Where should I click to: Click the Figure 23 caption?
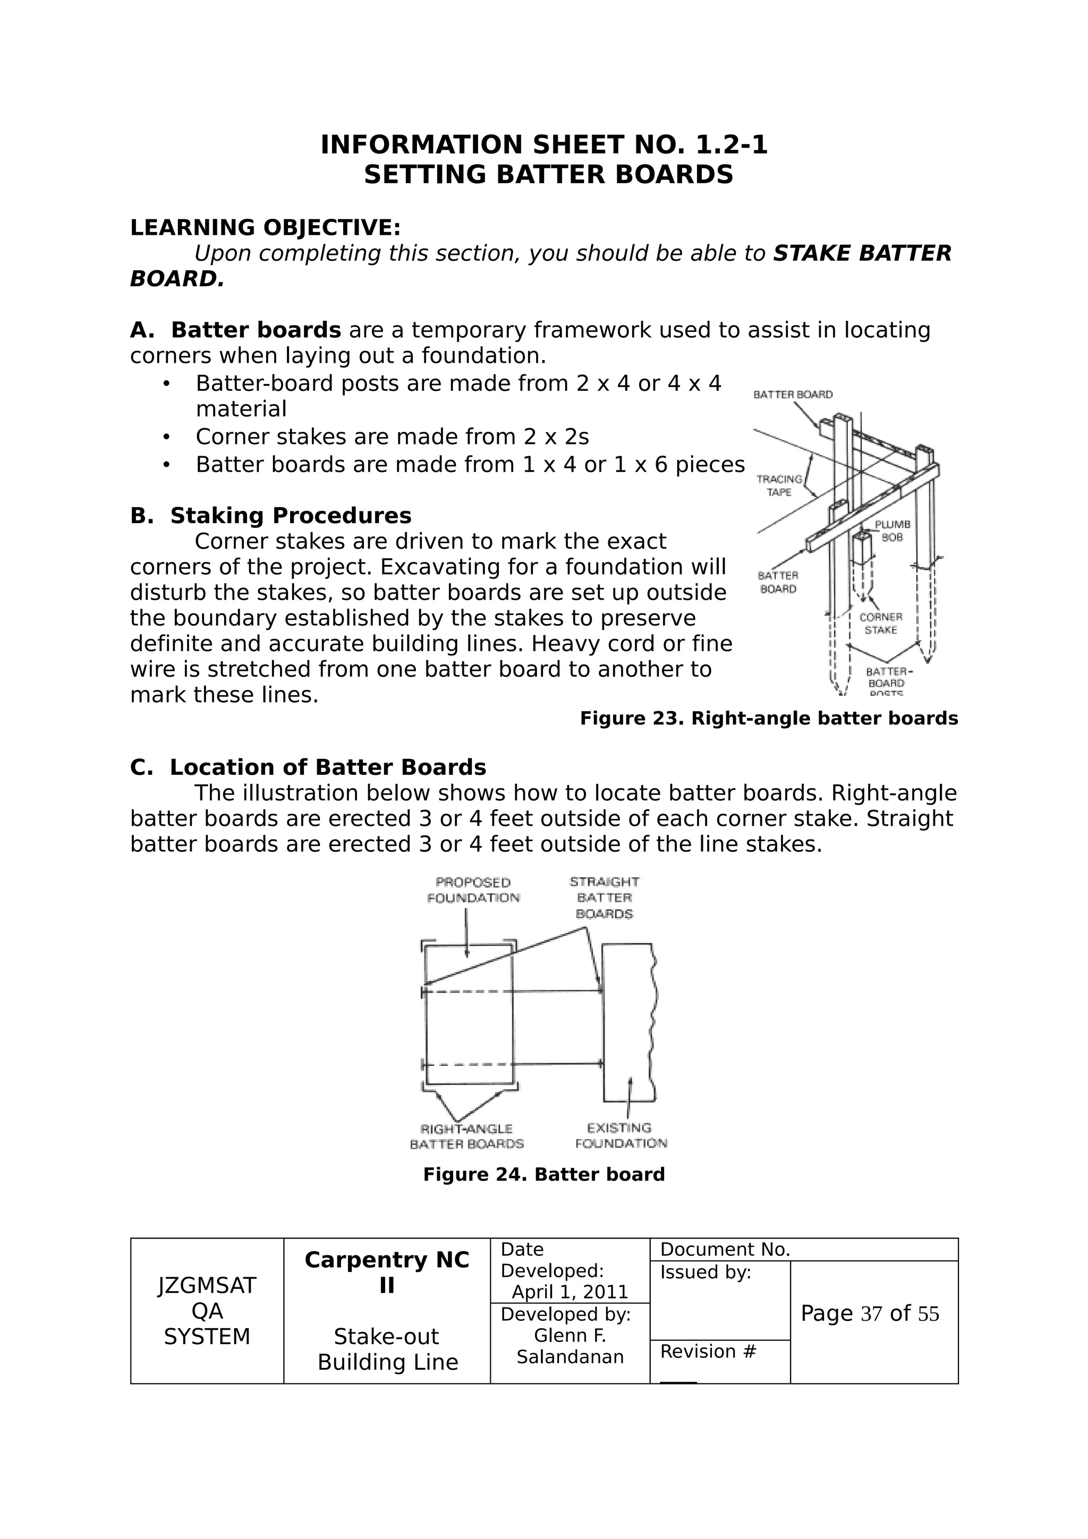pos(768,719)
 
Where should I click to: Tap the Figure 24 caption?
pos(543,1174)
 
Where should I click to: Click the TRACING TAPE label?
pos(779,486)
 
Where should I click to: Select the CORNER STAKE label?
pos(881,623)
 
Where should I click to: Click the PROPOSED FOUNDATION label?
pos(473,890)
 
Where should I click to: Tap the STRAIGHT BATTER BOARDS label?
pos(605,897)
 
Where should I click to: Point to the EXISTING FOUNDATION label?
pos(620,1135)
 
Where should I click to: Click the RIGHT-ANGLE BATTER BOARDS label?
pos(466,1136)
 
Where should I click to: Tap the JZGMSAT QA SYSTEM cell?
pos(207,1311)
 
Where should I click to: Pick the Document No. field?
pos(725,1250)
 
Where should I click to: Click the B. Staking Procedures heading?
pos(271,516)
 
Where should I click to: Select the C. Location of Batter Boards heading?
pos(308,767)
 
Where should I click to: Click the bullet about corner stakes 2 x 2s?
pos(392,437)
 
